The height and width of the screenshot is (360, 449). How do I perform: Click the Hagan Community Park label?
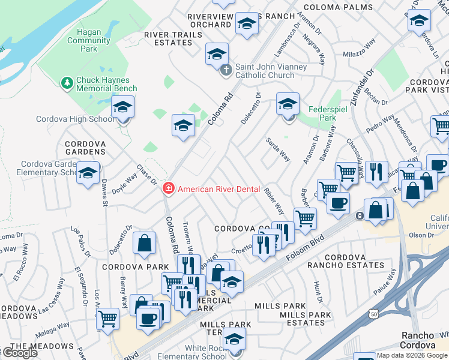coord(89,41)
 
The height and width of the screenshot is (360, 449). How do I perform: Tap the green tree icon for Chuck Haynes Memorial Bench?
coord(67,82)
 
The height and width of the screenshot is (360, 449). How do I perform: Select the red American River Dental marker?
coord(169,189)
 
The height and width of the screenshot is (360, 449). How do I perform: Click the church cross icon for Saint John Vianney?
coord(226,70)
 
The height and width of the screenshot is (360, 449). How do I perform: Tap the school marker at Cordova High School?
coord(122,108)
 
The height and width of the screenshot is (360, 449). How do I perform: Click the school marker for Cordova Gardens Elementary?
coord(88,174)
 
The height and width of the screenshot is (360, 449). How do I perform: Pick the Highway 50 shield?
coord(375,314)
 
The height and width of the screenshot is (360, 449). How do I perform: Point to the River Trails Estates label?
coord(173,38)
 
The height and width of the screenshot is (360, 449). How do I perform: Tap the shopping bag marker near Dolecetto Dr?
coord(145,244)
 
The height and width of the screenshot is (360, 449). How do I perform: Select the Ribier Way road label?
coord(274,201)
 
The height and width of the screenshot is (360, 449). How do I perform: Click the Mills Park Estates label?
coord(305,319)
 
